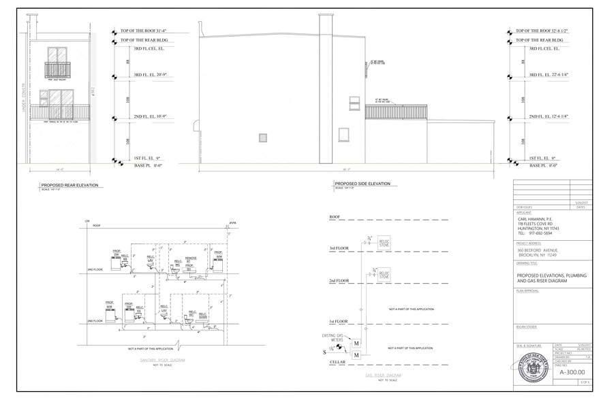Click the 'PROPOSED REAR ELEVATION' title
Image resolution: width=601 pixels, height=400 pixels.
[x=70, y=184]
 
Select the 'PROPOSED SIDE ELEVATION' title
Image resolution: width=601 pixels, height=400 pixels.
[x=362, y=184]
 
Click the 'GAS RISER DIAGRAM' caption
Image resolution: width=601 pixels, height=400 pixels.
[x=384, y=375]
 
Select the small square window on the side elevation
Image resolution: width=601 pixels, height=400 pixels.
[x=263, y=137]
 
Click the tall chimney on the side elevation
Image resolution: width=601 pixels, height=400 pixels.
[x=326, y=88]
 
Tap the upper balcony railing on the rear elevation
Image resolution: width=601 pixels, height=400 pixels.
[x=58, y=69]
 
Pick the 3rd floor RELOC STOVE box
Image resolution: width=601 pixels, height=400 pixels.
[x=384, y=242]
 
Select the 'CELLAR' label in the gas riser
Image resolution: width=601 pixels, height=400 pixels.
[x=337, y=362]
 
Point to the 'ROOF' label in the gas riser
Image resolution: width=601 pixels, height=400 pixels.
[x=335, y=217]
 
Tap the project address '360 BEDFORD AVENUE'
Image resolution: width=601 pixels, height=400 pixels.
[x=542, y=250]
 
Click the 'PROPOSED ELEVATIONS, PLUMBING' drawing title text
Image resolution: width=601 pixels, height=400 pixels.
[x=551, y=276]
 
